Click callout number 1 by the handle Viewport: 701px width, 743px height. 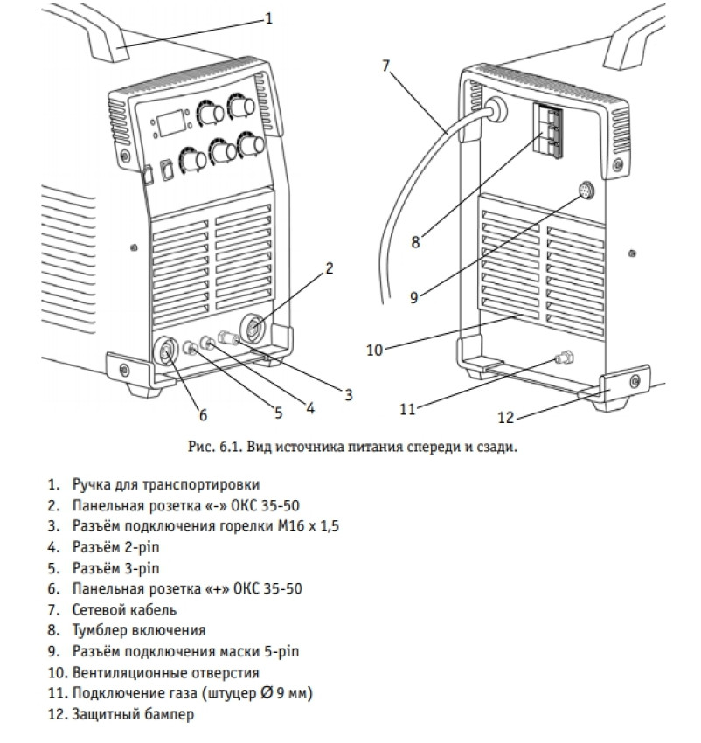pos(269,17)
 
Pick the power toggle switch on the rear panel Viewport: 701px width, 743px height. pos(550,128)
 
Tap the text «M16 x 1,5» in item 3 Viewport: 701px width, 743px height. pos(309,526)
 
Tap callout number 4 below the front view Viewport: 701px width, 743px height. pos(309,406)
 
